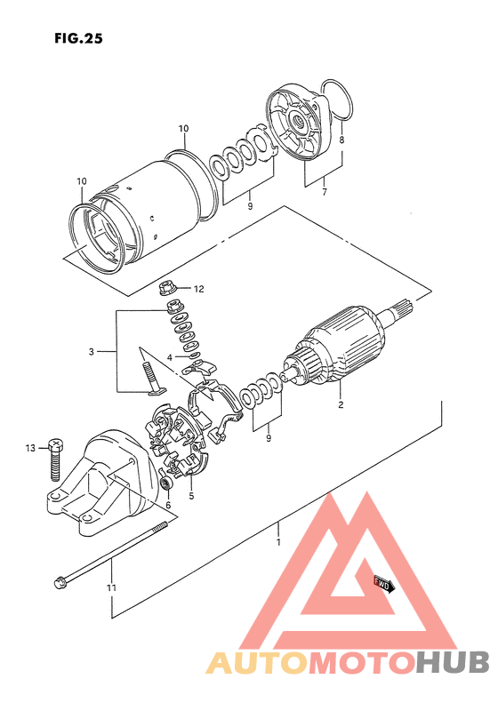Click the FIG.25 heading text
(x=78, y=38)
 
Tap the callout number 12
(x=198, y=289)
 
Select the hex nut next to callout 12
(x=167, y=289)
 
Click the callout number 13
(x=30, y=448)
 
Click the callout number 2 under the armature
(x=341, y=405)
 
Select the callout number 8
(x=341, y=140)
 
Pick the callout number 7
(x=325, y=193)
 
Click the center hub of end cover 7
(x=297, y=123)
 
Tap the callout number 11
(x=111, y=587)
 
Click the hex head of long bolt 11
(x=60, y=583)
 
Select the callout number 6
(x=168, y=505)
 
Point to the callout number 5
(x=191, y=496)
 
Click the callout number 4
(x=169, y=357)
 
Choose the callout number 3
(x=92, y=352)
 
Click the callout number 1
(x=278, y=542)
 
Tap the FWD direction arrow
(x=383, y=585)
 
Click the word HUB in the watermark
(x=453, y=663)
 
